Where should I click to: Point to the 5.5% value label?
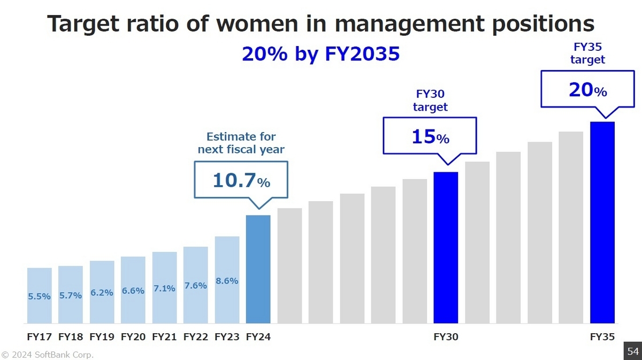coord(40,296)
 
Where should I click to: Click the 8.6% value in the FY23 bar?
coord(227,280)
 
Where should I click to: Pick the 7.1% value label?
coord(164,288)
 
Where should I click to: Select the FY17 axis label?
coord(40,337)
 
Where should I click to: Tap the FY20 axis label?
coord(133,337)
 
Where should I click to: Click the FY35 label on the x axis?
coord(602,337)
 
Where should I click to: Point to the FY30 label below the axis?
coord(446,337)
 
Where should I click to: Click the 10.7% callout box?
coord(241,180)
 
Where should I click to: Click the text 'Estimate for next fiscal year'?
coord(241,143)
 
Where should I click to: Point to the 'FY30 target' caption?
coord(430,100)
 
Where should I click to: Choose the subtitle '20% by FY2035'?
coord(320,54)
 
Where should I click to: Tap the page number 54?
coord(633,351)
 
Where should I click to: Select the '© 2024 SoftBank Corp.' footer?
coord(47,354)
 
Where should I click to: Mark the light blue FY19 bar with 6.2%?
coord(102,292)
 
